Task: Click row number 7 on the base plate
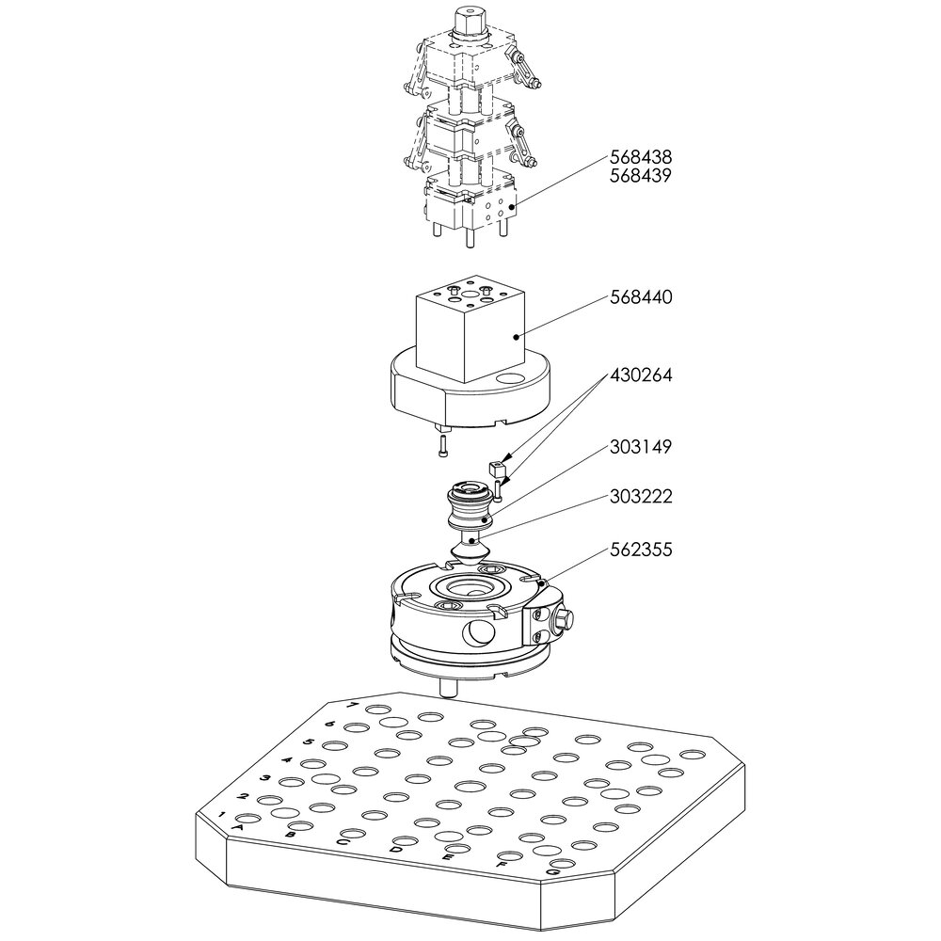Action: pos(352,706)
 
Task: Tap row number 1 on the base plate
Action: pos(222,814)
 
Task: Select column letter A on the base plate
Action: pos(238,827)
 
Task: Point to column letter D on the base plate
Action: pos(396,850)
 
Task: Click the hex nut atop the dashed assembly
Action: pos(468,22)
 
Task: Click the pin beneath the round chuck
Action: pos(449,688)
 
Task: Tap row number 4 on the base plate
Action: pos(287,759)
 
